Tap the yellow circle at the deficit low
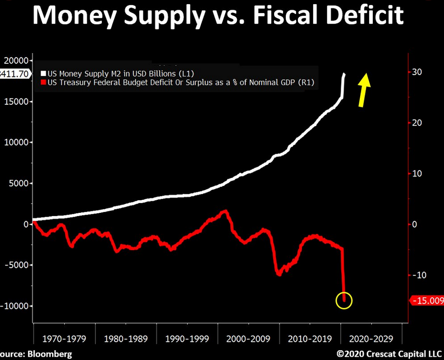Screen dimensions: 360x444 pyautogui.click(x=344, y=300)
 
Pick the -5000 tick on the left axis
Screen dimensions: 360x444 pyautogui.click(x=16, y=265)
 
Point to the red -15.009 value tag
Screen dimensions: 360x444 pyautogui.click(x=426, y=300)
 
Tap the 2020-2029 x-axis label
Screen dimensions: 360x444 pyautogui.click(x=371, y=339)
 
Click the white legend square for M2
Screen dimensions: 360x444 pyautogui.click(x=44, y=74)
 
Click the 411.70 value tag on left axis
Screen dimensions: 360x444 pyautogui.click(x=15, y=74)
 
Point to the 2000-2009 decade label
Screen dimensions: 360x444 pyautogui.click(x=248, y=339)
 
